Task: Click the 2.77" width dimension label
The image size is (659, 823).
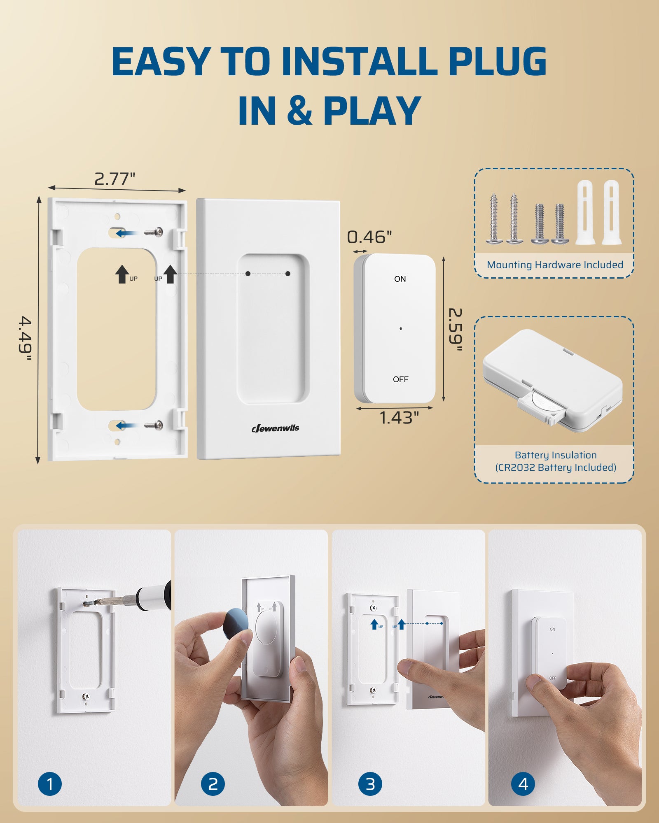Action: (115, 179)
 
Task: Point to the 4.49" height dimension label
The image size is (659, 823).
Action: (26, 334)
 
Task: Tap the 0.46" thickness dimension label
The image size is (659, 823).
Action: (369, 237)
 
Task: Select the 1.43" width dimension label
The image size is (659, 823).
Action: (398, 418)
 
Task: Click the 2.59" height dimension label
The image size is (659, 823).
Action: (455, 329)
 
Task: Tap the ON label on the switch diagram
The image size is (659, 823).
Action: (400, 279)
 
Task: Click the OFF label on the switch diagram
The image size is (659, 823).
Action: (400, 379)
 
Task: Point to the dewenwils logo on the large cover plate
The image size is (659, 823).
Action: (275, 428)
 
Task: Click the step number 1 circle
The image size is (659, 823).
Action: (50, 784)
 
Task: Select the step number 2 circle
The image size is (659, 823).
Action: (213, 784)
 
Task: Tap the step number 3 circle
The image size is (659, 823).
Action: (370, 784)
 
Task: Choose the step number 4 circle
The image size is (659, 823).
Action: (523, 784)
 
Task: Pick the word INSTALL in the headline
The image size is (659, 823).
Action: (358, 61)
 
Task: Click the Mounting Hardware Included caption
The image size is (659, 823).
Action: (555, 265)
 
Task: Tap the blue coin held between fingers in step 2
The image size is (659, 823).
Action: (235, 623)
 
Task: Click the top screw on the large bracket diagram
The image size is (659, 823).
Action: (154, 232)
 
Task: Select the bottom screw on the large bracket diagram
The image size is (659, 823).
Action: (154, 425)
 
